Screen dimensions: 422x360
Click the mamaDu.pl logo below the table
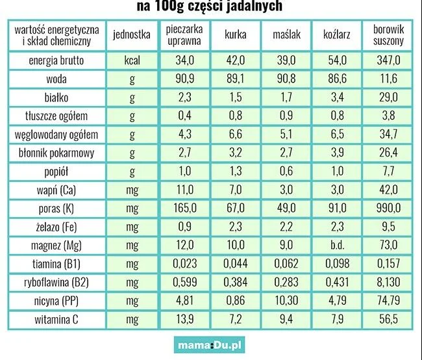pos(210,344)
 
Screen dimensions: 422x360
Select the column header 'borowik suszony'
pos(388,35)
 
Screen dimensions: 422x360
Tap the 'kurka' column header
pos(236,34)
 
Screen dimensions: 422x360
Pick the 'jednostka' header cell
pos(132,34)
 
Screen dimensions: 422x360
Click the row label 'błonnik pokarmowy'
pos(56,153)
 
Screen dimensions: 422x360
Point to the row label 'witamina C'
pos(56,320)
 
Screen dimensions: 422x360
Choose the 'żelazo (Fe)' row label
pos(56,227)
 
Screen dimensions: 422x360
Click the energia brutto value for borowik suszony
pos(388,60)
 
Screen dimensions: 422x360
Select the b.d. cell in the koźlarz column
pos(337,245)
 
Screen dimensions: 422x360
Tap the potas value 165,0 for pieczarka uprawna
pos(184,208)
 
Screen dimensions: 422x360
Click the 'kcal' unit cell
pos(132,60)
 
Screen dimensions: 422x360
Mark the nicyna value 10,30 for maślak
pos(286,300)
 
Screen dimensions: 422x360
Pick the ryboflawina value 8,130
pos(388,282)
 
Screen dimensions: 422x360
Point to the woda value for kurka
pos(236,79)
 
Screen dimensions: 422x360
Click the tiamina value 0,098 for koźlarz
pos(337,264)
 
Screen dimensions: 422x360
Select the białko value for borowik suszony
pos(388,97)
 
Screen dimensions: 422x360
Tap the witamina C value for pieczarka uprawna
pos(184,319)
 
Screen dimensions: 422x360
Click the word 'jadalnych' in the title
pos(254,6)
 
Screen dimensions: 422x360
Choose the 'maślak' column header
pos(286,34)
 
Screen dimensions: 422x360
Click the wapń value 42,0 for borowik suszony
pos(388,190)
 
